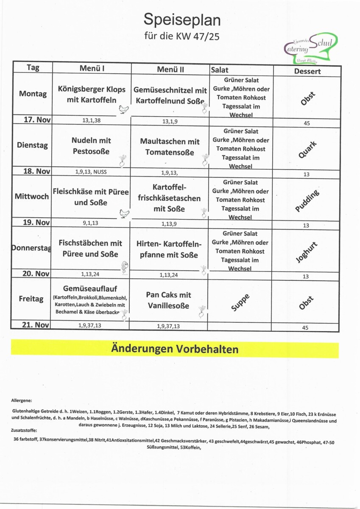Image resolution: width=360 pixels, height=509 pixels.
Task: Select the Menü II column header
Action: click(x=170, y=69)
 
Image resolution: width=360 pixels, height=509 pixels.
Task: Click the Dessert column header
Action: click(x=307, y=71)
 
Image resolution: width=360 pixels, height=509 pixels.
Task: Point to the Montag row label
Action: click(x=33, y=94)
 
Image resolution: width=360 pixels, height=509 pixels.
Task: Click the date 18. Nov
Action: click(x=36, y=171)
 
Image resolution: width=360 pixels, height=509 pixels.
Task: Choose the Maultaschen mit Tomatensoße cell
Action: click(x=170, y=146)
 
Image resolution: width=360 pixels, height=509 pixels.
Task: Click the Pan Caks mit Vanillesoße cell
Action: click(x=168, y=300)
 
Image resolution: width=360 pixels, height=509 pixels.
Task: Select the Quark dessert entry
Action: click(x=307, y=150)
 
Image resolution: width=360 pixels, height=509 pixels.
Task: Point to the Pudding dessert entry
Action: click(x=307, y=201)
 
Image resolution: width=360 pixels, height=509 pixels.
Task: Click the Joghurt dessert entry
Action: click(x=307, y=252)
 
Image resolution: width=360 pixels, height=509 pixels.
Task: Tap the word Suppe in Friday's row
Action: click(x=240, y=302)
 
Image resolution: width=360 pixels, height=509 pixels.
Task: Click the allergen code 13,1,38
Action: click(x=91, y=120)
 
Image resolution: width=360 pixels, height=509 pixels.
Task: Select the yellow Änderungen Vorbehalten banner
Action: click(x=175, y=349)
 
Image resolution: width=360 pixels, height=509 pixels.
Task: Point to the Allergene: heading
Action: click(x=22, y=400)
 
